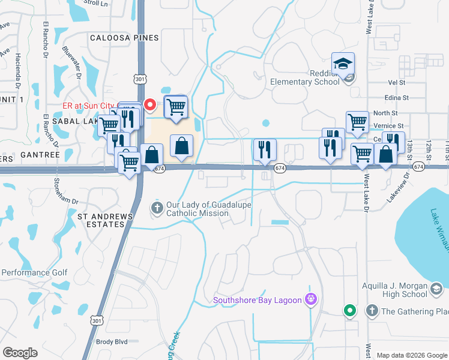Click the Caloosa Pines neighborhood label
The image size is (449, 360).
(x=124, y=38)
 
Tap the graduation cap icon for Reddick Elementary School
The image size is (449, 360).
(x=343, y=64)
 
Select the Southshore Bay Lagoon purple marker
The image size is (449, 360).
(x=310, y=299)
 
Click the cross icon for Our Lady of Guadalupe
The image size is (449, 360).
(x=157, y=208)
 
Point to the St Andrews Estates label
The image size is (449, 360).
(x=101, y=220)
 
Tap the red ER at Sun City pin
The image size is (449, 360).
(x=150, y=104)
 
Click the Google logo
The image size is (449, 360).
(x=20, y=353)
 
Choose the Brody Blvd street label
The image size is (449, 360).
(x=112, y=342)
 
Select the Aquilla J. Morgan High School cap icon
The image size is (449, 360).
(x=436, y=290)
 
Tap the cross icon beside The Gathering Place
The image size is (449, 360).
(x=372, y=311)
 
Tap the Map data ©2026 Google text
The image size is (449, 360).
(x=412, y=355)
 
